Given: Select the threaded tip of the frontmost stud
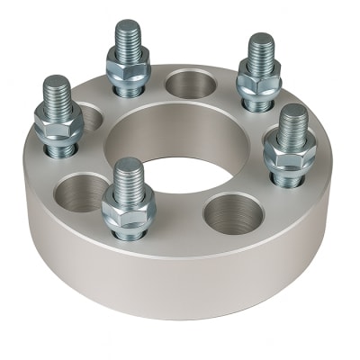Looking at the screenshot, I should tap(129, 173).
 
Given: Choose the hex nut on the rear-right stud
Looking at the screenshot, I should tap(259, 81).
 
